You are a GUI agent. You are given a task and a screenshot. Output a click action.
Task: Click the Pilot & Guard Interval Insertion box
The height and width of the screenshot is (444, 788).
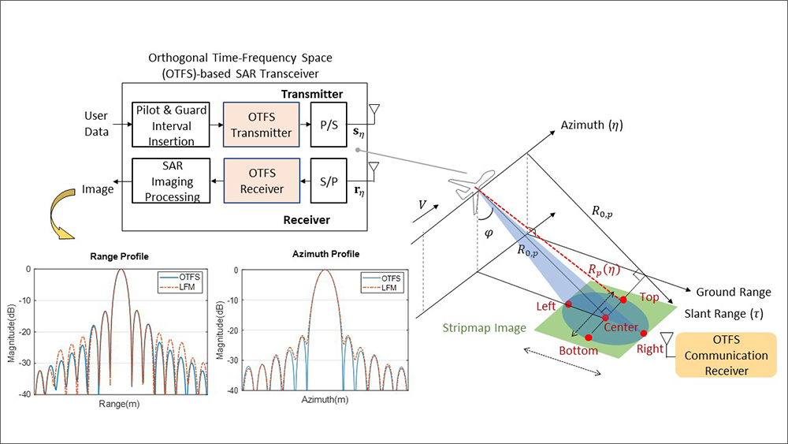(x=170, y=125)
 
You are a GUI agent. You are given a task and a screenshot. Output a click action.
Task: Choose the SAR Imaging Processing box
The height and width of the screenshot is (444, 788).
(x=170, y=181)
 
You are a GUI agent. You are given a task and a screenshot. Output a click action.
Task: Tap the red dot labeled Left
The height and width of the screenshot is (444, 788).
(x=568, y=304)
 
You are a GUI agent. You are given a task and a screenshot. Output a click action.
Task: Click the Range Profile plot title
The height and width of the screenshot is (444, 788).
(x=119, y=257)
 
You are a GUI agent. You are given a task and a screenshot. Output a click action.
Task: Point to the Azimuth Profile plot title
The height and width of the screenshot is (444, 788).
(x=325, y=255)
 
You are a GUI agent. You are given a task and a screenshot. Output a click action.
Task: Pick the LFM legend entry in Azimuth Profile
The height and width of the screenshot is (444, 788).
(x=384, y=289)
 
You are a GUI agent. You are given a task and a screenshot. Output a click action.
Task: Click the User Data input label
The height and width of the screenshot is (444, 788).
(x=96, y=125)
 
